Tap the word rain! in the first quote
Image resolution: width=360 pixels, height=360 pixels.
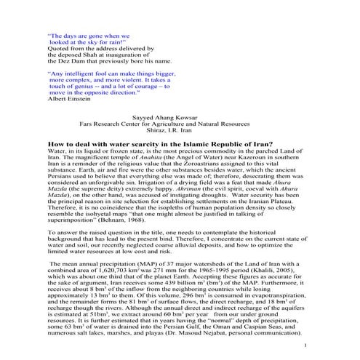click(x=113, y=42)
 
